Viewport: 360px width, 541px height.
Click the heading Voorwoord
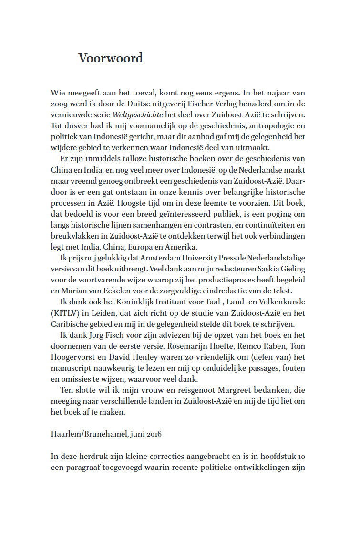(x=111, y=58)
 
